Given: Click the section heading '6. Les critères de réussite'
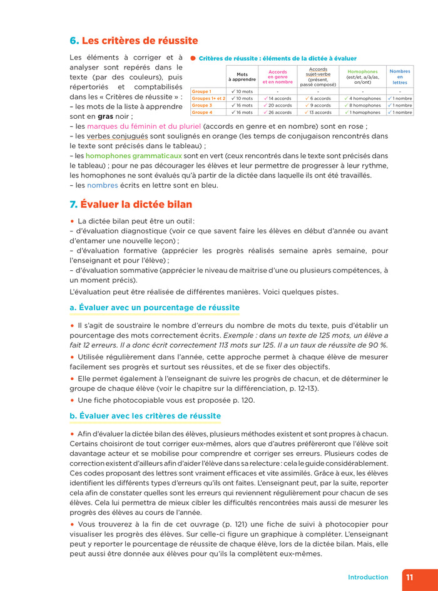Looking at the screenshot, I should [x=133, y=41].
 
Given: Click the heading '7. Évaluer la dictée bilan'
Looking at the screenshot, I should [x=131, y=205].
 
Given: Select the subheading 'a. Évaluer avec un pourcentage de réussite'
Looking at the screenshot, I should [x=155, y=308].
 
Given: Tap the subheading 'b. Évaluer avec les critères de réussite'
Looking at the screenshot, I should [x=145, y=416].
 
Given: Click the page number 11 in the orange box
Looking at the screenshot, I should [x=409, y=577].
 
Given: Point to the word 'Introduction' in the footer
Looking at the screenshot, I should [x=368, y=577].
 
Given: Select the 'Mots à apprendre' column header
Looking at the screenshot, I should [x=242, y=77].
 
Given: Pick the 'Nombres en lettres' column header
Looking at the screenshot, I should [x=400, y=76].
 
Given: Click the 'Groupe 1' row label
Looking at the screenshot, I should [x=201, y=91].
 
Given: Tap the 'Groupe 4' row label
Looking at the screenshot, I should [x=201, y=113].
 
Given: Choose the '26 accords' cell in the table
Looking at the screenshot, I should [x=280, y=113].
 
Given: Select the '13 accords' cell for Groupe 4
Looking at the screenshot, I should [x=320, y=113].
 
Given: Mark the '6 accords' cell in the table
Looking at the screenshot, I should [x=320, y=98].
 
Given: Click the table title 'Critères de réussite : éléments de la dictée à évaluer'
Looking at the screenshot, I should [x=277, y=58].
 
